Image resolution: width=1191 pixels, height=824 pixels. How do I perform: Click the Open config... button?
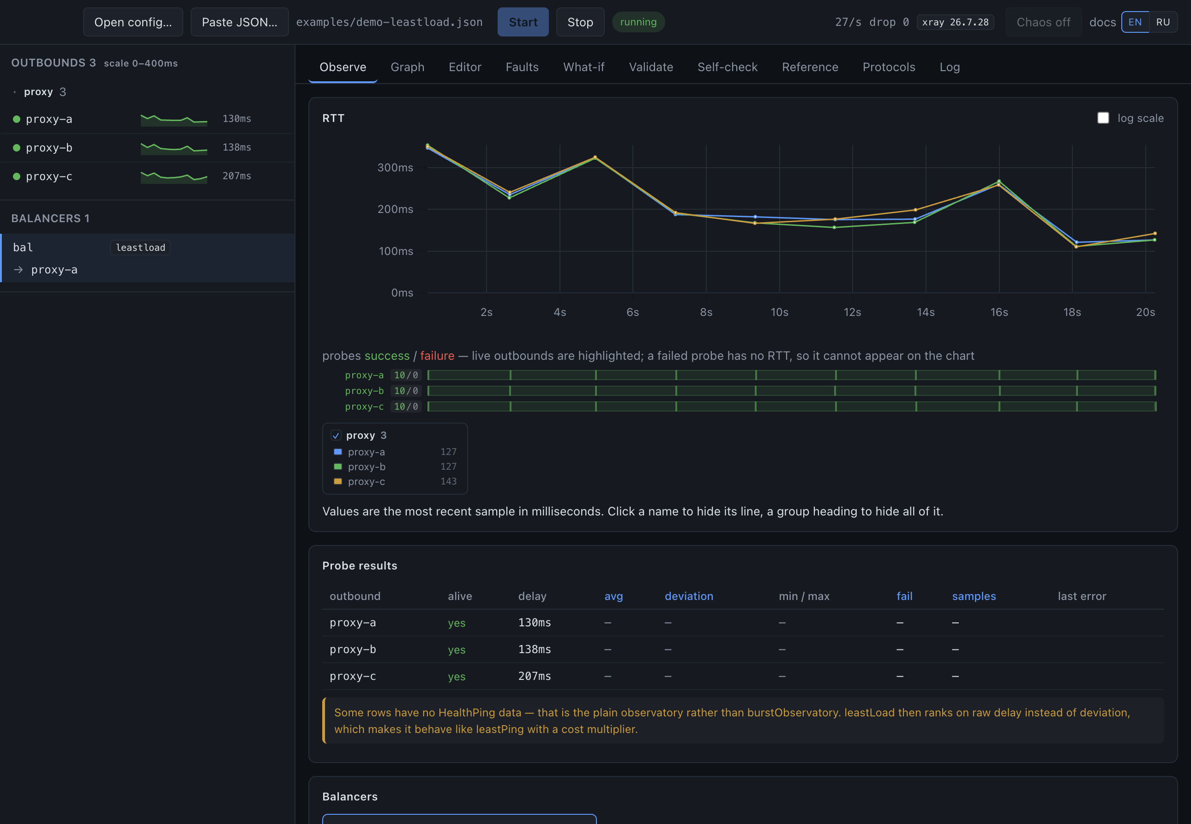point(133,22)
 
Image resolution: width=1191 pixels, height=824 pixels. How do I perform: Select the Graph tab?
point(407,67)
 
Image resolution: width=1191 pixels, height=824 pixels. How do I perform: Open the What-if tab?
point(583,67)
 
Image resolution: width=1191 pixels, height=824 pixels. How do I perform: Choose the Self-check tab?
point(727,67)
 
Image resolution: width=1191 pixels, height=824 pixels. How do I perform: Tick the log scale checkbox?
point(1103,118)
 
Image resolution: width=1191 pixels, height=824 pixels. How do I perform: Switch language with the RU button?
point(1163,22)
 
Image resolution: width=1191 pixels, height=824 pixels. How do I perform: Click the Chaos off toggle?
point(1043,22)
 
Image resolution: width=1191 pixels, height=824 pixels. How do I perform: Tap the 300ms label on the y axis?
point(395,167)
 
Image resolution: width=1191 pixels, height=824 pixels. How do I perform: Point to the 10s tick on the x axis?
point(779,312)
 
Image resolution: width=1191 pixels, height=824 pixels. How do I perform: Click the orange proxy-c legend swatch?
point(338,481)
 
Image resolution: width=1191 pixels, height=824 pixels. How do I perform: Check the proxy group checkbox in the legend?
point(336,435)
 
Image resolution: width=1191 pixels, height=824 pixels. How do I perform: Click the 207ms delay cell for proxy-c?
point(534,676)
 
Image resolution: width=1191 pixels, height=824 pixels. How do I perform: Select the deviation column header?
point(688,596)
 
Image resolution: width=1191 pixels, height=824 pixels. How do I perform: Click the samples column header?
point(974,596)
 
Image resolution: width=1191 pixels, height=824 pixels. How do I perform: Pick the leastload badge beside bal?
point(140,247)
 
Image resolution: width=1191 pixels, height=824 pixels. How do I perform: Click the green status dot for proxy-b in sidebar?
point(17,148)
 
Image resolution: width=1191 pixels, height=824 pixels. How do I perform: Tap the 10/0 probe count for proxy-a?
point(406,375)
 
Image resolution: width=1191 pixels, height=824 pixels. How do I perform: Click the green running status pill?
point(638,22)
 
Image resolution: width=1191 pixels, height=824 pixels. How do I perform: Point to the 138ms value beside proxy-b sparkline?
point(237,147)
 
